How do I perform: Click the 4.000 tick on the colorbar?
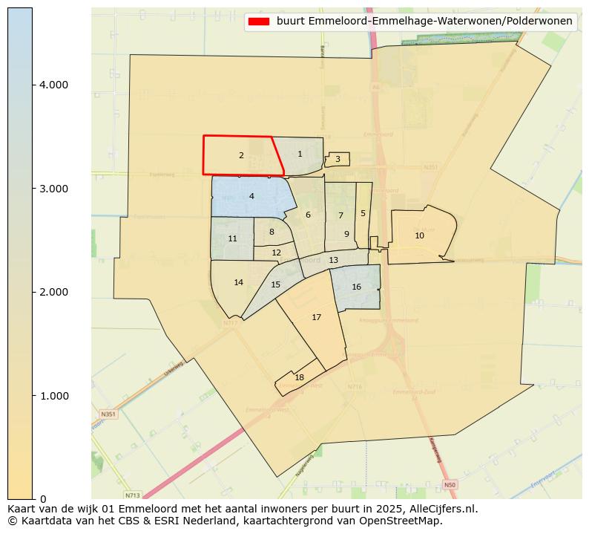pos(54,85)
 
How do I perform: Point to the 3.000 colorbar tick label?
pos(54,189)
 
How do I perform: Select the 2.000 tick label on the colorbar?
pos(54,292)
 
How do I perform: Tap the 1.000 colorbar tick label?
pos(54,396)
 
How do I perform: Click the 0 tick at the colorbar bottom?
pos(44,499)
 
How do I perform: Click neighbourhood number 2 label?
pos(241,156)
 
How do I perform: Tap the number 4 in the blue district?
pos(251,196)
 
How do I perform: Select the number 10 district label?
pos(419,235)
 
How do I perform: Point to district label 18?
pos(299,377)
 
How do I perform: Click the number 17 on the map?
pos(316,317)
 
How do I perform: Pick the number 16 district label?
pos(356,287)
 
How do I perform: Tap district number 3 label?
pos(338,159)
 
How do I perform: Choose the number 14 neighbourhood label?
pos(238,282)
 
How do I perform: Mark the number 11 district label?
pos(232,238)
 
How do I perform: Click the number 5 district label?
pos(363,213)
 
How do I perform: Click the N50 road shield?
pos(449,485)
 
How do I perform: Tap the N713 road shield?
pos(133,495)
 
